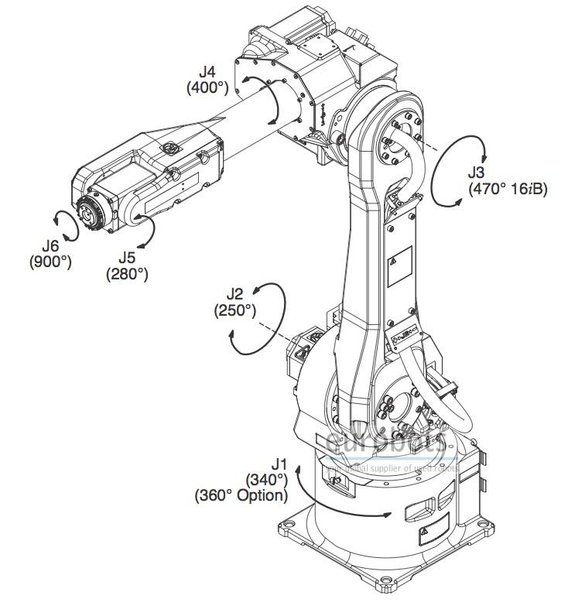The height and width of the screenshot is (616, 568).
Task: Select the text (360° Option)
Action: (241, 495)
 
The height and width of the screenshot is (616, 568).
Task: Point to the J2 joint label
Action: (234, 294)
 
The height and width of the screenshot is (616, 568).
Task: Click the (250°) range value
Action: (234, 310)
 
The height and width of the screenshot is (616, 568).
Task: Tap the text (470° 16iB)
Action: (508, 188)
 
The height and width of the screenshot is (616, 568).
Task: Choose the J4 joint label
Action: (207, 73)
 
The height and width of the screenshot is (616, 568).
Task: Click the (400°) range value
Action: (207, 88)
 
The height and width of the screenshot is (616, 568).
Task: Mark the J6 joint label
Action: (52, 246)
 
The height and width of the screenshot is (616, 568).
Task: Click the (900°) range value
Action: (51, 262)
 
